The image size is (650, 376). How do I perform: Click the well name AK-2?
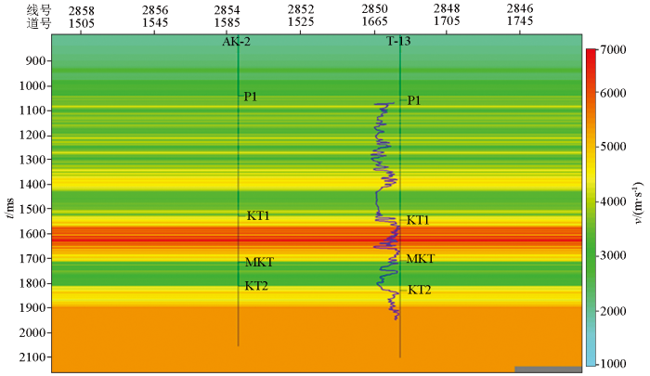pyautogui.click(x=237, y=42)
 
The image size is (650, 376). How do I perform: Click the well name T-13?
pyautogui.click(x=400, y=42)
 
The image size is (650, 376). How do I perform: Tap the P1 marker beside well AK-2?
pyautogui.click(x=251, y=97)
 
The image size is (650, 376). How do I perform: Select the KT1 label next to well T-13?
pyautogui.click(x=418, y=220)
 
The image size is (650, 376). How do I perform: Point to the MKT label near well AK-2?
pyautogui.click(x=259, y=263)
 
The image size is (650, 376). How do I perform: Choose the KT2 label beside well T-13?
pyautogui.click(x=420, y=290)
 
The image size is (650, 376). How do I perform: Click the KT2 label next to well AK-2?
pyautogui.click(x=256, y=286)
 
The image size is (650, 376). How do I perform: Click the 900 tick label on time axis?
pyautogui.click(x=37, y=61)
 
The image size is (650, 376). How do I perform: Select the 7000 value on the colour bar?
pyautogui.click(x=614, y=49)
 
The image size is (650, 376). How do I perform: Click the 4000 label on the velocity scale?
pyautogui.click(x=614, y=201)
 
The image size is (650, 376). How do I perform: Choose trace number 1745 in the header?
pyautogui.click(x=520, y=20)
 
